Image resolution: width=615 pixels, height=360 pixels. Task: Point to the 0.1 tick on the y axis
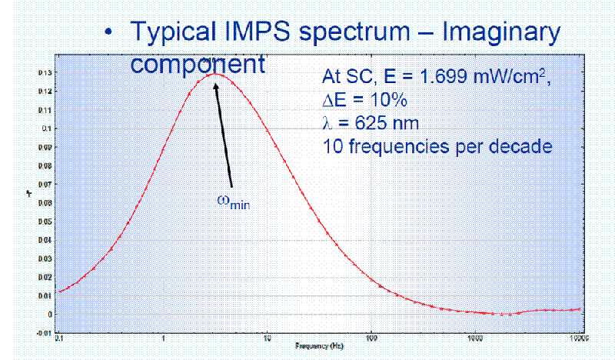pos(47,128)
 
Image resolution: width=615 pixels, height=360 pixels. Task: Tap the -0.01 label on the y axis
pos(45,333)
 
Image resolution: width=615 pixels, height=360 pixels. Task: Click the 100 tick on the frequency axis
pos(371,337)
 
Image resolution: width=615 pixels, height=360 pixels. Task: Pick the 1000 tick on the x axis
pos(474,337)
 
